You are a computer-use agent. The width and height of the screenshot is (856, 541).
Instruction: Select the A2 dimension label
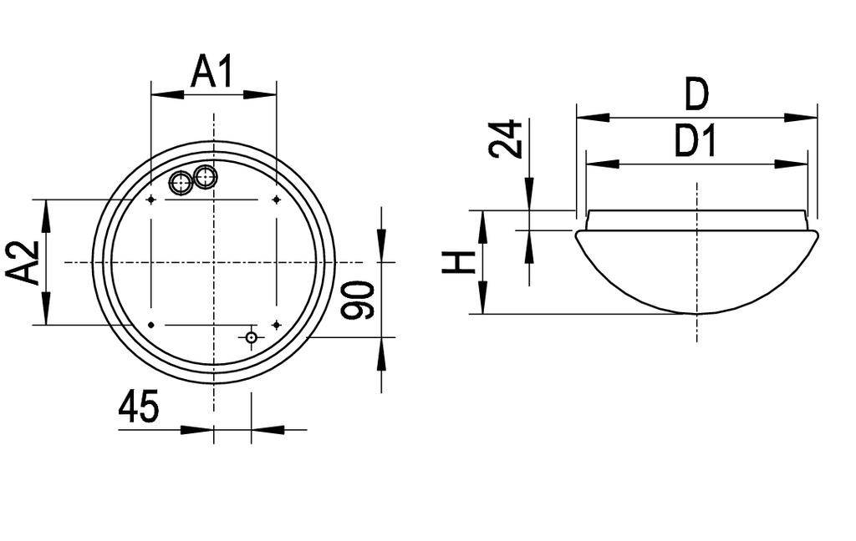click(24, 262)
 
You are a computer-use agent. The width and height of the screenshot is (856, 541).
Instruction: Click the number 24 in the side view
click(507, 139)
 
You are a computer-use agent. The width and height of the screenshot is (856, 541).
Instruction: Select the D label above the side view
click(696, 95)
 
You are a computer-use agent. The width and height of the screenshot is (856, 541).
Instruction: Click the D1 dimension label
click(696, 144)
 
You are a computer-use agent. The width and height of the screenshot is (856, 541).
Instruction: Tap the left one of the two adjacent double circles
click(181, 183)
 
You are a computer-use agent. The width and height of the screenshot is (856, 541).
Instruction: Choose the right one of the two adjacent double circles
click(205, 176)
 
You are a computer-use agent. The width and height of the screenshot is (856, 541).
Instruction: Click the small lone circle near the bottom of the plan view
click(251, 336)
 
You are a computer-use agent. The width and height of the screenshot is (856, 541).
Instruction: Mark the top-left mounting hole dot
click(150, 200)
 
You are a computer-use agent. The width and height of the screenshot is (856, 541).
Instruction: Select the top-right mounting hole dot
click(276, 200)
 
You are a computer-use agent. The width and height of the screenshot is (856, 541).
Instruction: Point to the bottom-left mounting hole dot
click(150, 324)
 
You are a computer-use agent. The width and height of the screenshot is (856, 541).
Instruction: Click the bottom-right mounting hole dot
click(276, 324)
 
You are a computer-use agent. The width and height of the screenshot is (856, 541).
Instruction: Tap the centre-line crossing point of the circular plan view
click(214, 262)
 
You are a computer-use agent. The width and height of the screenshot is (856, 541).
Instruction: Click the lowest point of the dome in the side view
click(696, 314)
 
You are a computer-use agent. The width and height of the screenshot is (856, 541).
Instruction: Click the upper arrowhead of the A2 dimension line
click(46, 208)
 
